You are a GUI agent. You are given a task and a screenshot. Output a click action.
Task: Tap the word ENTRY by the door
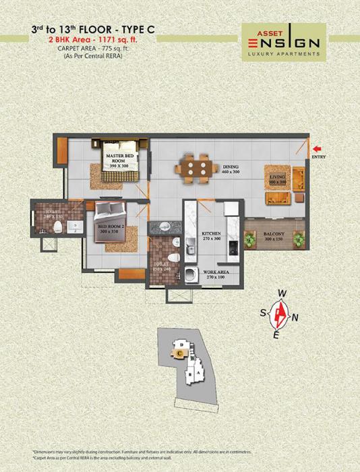coord(318,157)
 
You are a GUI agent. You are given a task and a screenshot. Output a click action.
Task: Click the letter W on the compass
coord(283,294)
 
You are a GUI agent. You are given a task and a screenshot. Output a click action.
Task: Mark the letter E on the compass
coord(275,334)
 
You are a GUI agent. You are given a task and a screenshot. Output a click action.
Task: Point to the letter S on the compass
coord(262,312)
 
